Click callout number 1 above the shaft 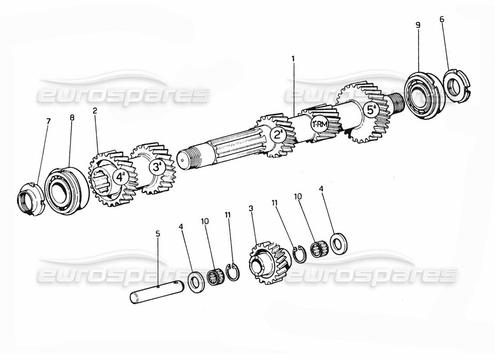coord(293,58)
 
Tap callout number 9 coord(418,25)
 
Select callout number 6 coord(441,19)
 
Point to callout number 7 coord(48,121)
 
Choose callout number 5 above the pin coord(157,234)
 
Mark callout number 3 coord(251,208)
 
